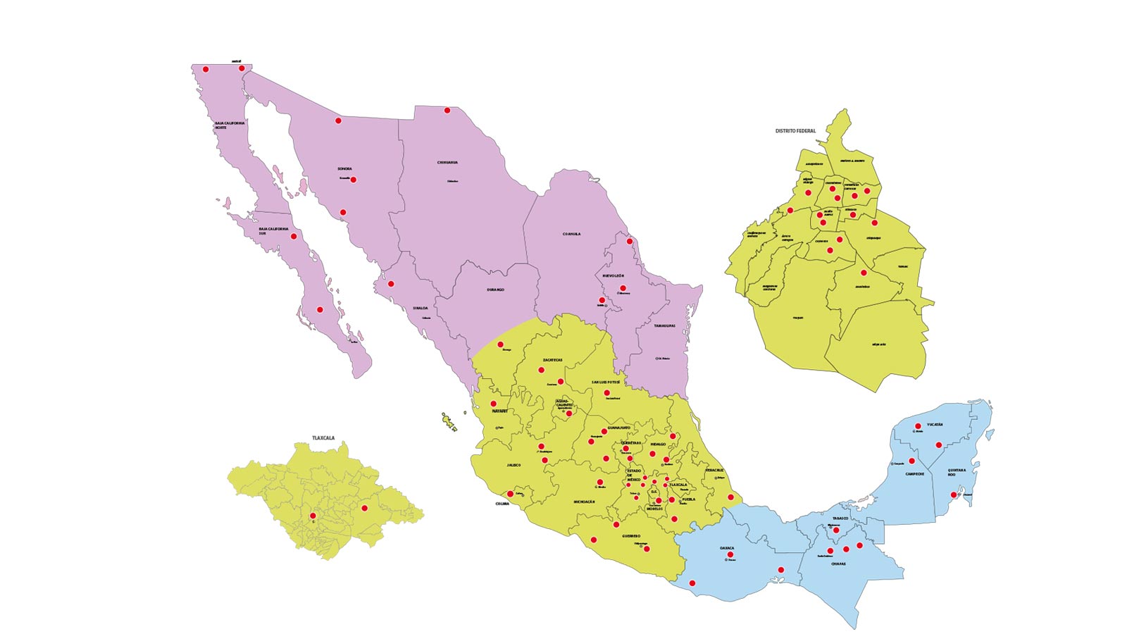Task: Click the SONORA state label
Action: pos(344,169)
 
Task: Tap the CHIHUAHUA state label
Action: pos(447,163)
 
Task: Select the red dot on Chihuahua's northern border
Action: pos(447,110)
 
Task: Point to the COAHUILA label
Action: pos(571,234)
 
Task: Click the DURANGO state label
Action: pos(495,290)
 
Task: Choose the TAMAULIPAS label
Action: pos(664,326)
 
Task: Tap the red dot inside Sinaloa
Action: pos(391,284)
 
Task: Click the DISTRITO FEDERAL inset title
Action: pos(795,131)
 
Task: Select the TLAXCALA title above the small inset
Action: pos(323,438)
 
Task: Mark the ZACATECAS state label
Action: pos(552,360)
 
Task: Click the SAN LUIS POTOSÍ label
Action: pos(605,382)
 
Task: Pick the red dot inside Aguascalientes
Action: pos(569,414)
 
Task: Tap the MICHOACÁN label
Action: pos(585,502)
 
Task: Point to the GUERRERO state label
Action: pos(631,535)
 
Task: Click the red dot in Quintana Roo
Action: pos(954,495)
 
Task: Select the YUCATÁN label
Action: pos(935,425)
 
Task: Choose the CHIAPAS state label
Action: pos(838,564)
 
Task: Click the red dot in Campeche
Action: pos(911,461)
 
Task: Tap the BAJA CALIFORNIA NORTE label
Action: pos(230,125)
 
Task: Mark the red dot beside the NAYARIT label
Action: pos(493,404)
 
